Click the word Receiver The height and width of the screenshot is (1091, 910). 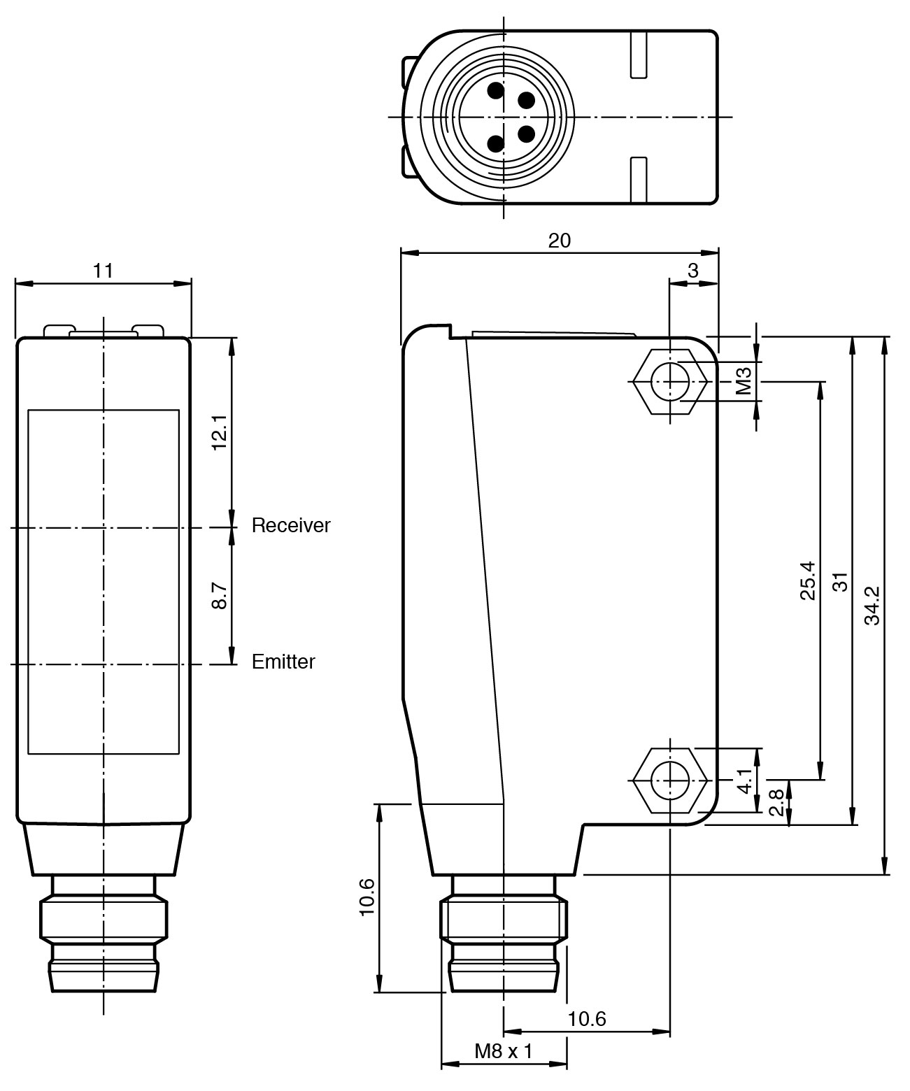coord(290,525)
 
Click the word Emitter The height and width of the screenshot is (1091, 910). coord(283,662)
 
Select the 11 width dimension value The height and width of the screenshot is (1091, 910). coord(103,271)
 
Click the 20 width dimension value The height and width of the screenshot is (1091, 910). coord(559,241)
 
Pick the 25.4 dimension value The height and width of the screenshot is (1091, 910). coord(807,580)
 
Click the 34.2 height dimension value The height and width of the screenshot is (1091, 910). coord(872,605)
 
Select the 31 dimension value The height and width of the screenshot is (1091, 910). coord(840,581)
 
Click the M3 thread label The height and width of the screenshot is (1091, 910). coord(744,381)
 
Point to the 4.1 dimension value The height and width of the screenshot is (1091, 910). coord(744,780)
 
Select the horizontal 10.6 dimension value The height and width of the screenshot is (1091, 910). coord(586,1019)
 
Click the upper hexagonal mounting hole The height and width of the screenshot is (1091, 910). coord(670,382)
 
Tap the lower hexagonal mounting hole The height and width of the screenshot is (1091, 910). coord(670,779)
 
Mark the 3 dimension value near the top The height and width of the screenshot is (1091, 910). coord(692,271)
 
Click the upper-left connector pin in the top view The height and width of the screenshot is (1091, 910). coord(496,91)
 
